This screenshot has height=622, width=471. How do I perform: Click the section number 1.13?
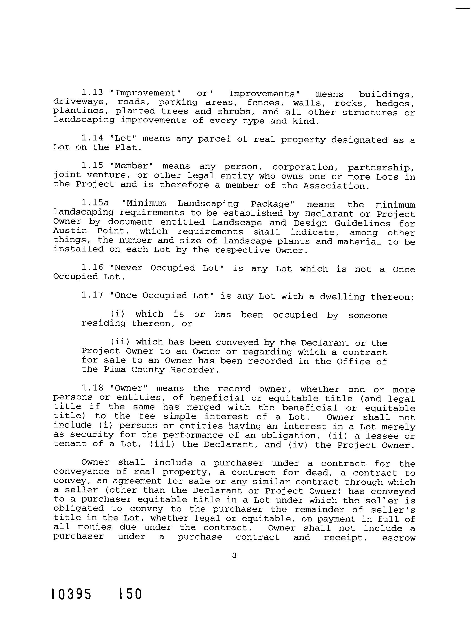(x=92, y=92)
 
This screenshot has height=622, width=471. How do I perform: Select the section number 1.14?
(x=92, y=138)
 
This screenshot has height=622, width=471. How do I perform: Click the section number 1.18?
(x=92, y=388)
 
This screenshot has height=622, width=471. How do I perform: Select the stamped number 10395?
(x=72, y=595)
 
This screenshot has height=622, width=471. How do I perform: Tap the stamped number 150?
(x=130, y=595)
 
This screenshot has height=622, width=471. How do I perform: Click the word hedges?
(x=395, y=104)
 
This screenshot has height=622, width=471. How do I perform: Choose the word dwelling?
(x=342, y=297)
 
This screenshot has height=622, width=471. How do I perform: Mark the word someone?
(x=367, y=315)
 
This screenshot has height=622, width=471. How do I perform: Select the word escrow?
(x=399, y=538)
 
